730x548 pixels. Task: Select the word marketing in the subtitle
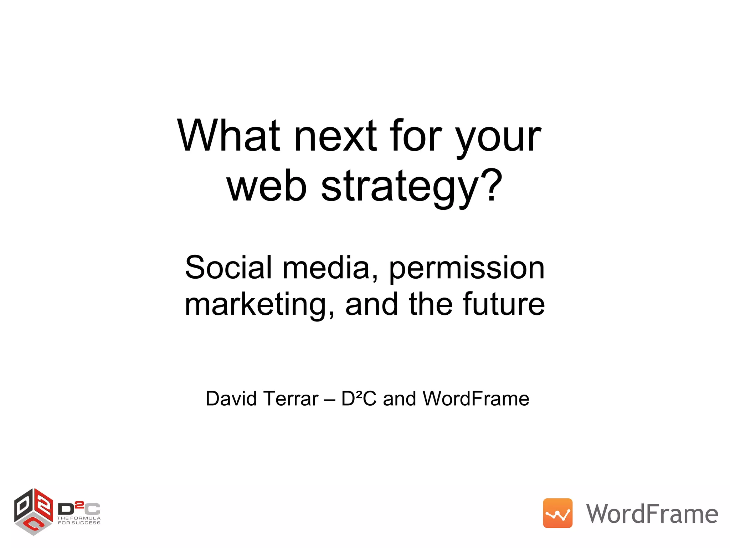259,305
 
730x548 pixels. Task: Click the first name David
231,399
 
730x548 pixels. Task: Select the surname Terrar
291,399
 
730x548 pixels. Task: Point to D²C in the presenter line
359,399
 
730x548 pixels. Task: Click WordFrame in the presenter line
475,399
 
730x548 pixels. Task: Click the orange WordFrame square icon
557,513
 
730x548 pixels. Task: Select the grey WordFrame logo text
652,514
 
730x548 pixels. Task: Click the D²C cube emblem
34,512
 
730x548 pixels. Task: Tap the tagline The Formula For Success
79,521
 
